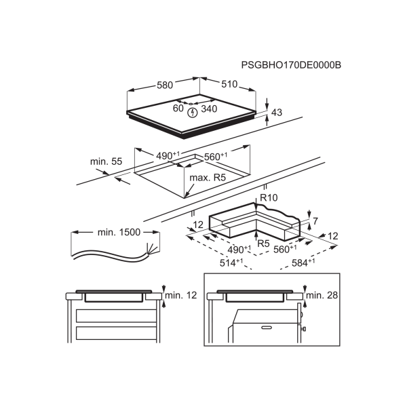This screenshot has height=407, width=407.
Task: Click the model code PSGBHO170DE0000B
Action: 291,65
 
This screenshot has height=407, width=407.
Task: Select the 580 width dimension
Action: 165,85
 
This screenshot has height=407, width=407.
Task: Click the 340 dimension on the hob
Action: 209,109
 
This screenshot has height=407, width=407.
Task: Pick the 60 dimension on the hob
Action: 178,108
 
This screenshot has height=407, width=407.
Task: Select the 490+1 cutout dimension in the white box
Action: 168,156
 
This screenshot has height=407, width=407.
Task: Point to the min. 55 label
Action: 106,161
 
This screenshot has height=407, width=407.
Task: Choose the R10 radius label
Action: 269,197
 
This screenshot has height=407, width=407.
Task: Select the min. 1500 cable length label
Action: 119,233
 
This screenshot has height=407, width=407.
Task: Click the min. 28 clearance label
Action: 322,296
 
